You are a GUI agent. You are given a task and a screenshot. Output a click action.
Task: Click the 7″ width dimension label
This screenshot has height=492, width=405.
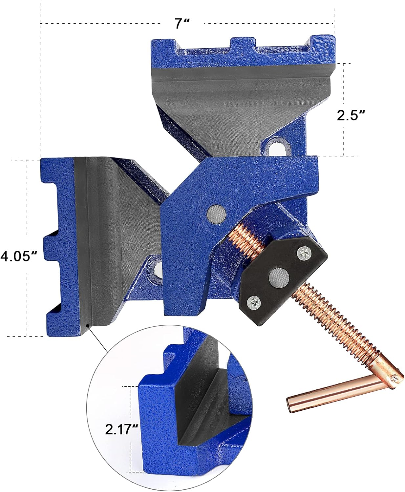[182, 24]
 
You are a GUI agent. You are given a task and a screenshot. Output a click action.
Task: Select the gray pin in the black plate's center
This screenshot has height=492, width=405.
[279, 278]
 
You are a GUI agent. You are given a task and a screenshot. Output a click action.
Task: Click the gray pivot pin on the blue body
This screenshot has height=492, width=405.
[217, 214]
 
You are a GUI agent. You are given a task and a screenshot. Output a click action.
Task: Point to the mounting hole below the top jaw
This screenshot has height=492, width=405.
[277, 147]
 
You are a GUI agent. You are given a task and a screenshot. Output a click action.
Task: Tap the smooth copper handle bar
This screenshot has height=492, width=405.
[331, 394]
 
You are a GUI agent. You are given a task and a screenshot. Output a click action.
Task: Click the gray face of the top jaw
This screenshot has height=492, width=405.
[240, 98]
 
